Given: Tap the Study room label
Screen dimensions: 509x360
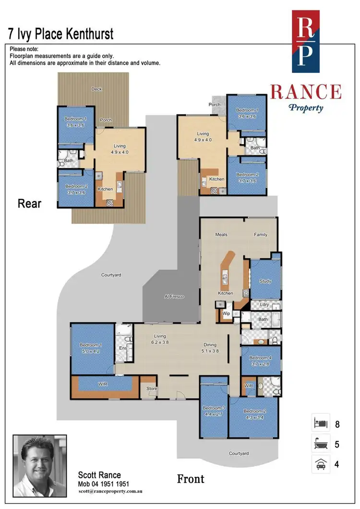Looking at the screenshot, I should click(x=265, y=281).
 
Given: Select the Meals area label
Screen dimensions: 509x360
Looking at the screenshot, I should click(x=221, y=235).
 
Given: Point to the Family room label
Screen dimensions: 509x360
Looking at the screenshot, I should click(x=261, y=235).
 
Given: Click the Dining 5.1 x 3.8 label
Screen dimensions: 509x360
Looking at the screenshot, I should click(x=210, y=348).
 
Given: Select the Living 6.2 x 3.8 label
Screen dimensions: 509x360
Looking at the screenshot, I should click(x=159, y=339).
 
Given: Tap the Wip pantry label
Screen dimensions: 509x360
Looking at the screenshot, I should click(x=226, y=314).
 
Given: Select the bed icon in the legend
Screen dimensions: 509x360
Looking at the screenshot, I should click(x=320, y=424).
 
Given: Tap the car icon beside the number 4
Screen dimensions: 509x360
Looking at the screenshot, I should click(x=320, y=465).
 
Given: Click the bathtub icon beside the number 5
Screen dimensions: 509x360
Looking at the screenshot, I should click(x=320, y=445).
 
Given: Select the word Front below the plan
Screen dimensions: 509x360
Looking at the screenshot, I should click(x=191, y=479).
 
